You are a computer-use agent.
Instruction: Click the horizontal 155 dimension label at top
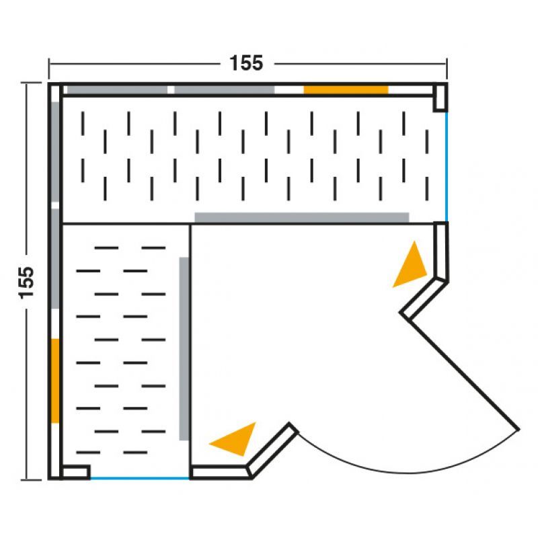[246, 63]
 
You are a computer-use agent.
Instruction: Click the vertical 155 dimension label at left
[27, 282]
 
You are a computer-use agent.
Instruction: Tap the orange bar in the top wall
[346, 90]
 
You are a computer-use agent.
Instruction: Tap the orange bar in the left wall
[55, 381]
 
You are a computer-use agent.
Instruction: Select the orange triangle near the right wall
[412, 268]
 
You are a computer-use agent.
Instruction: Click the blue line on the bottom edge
[140, 478]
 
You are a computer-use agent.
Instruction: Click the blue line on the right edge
[447, 167]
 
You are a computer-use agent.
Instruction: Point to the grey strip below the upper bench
[302, 217]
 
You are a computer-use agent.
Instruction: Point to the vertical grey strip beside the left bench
[184, 348]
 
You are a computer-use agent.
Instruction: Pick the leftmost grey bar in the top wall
[117, 90]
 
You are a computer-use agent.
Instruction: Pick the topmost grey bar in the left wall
[55, 152]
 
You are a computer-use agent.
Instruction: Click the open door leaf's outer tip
[519, 429]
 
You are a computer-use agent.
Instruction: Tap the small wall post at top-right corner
[440, 98]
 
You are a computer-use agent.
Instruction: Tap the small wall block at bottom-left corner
[76, 472]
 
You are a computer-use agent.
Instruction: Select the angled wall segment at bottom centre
[273, 450]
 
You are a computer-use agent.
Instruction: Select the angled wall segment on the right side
[424, 297]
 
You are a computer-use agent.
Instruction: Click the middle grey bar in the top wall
[225, 90]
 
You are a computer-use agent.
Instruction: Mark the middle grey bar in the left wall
[55, 259]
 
